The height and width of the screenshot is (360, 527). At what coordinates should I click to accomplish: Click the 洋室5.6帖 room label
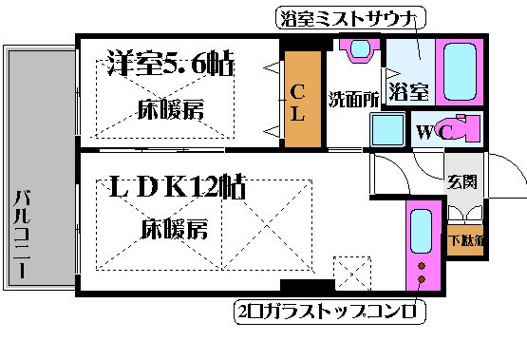166,66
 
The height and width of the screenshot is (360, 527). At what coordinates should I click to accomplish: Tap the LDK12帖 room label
178,186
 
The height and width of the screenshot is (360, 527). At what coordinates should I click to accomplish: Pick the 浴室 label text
408,92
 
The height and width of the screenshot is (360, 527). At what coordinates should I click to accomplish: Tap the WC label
428,131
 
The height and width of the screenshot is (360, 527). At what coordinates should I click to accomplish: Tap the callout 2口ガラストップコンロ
331,312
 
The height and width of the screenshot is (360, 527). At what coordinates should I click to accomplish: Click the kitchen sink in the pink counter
418,230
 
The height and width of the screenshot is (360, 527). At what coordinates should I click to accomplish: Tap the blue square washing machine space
387,130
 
